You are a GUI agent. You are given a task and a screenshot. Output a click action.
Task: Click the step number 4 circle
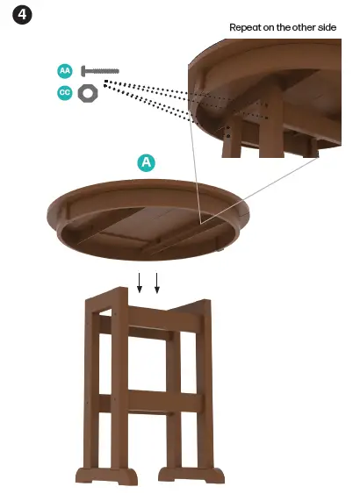(x=22, y=15)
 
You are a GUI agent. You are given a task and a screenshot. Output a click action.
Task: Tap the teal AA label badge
(x=65, y=71)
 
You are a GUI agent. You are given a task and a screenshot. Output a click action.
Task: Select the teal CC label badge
(x=65, y=93)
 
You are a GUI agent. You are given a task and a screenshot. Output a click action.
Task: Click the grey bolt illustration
(x=100, y=71)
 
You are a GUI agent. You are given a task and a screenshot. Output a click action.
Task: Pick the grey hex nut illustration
(x=88, y=93)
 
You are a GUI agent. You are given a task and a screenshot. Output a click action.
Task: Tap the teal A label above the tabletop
(x=147, y=162)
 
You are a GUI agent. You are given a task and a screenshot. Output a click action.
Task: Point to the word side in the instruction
(x=327, y=27)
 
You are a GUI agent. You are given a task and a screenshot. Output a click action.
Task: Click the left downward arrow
(x=140, y=283)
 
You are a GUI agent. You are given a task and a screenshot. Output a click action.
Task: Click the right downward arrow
(x=157, y=283)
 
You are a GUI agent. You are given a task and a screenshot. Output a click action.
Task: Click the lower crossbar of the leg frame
(x=151, y=402)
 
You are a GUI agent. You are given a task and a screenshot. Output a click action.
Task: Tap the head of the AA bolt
(x=83, y=71)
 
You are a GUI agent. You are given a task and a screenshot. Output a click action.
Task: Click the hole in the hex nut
(x=88, y=93)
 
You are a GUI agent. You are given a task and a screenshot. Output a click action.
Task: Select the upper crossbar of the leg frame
(x=151, y=319)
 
